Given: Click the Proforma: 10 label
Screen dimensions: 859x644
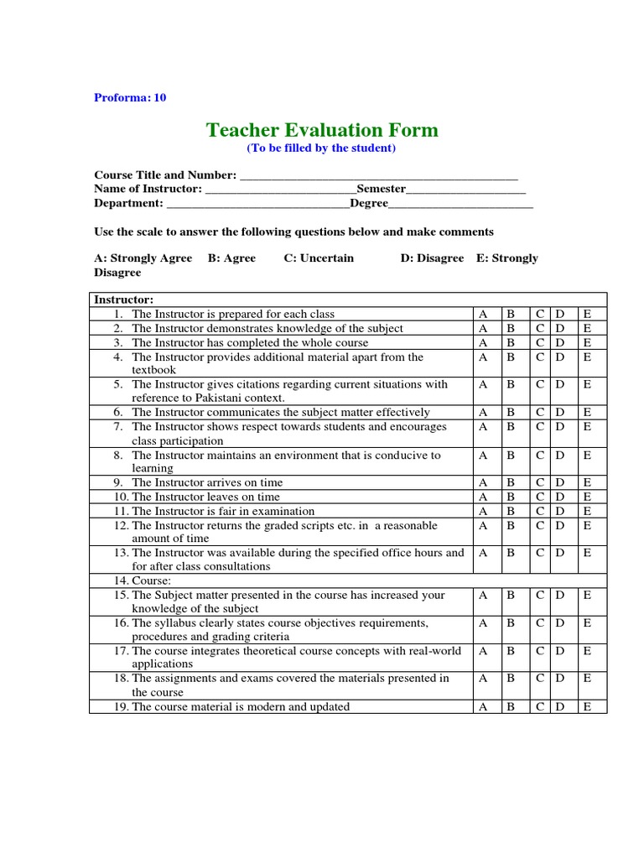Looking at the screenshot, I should pos(130,97).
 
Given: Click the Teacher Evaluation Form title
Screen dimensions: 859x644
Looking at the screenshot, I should pos(322,129).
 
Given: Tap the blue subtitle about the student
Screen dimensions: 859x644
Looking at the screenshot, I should pos(320,148).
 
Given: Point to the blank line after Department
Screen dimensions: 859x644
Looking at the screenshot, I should pos(257,204).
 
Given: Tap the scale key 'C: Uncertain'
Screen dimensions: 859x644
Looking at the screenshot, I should pos(319,258).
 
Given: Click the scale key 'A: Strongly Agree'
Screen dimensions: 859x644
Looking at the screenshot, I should pos(143,258).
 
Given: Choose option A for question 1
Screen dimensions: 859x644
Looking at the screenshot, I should pos(483,315).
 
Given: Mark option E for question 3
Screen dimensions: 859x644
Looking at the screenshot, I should pos(587,343).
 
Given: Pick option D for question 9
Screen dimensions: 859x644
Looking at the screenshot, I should pos(560,483).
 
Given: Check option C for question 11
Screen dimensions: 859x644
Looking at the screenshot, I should pos(541,511).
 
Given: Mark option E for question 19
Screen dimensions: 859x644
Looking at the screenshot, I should pos(587,707).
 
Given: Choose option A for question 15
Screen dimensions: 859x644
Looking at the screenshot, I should pos(483,596).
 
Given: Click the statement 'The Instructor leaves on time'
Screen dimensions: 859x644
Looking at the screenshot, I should pos(207,497).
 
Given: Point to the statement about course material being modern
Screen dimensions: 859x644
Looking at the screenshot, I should pos(241,707).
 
